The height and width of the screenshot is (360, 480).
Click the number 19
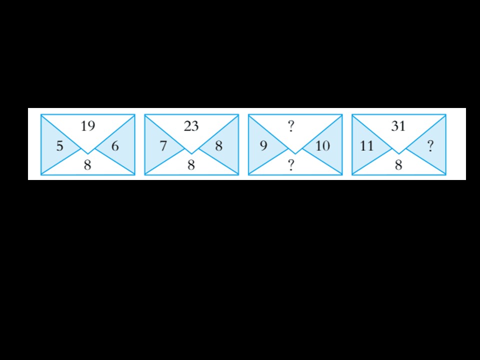point(88,126)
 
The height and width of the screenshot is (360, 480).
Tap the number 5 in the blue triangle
point(59,146)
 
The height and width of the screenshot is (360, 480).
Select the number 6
point(115,146)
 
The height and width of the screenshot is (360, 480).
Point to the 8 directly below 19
point(87,165)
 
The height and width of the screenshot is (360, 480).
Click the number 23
point(191,126)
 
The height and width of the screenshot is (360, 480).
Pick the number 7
point(163,146)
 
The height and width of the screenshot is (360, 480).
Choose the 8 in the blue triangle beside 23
point(218,146)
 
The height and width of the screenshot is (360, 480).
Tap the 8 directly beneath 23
point(191,165)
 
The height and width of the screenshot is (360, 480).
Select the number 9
point(263,146)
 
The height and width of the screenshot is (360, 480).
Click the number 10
point(322,146)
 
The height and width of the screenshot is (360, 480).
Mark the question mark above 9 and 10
point(291,126)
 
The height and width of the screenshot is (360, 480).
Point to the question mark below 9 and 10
point(291,165)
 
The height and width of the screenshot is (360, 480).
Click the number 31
point(398,126)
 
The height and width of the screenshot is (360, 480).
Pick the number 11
point(366,146)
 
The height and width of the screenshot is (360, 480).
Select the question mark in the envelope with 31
point(430,146)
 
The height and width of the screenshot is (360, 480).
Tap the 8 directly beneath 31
point(398,165)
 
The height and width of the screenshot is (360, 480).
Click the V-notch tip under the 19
point(88,153)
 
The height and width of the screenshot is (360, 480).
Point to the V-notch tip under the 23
point(191,153)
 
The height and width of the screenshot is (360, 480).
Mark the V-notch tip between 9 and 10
point(295,153)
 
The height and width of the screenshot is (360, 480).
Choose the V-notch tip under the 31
point(399,153)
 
